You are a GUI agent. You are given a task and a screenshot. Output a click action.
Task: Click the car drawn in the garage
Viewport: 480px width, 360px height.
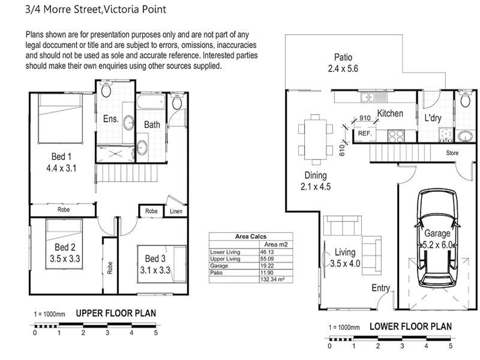[437, 238]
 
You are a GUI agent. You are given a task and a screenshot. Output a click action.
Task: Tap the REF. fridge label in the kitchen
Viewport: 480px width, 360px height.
[365, 133]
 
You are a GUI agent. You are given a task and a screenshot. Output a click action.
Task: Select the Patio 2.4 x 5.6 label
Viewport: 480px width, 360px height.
[343, 63]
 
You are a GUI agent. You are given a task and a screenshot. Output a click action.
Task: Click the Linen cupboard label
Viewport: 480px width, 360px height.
[176, 211]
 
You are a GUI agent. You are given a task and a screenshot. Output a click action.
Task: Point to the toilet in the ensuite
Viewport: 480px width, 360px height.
[106, 89]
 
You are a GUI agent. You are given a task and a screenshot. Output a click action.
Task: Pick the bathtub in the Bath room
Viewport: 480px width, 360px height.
[151, 101]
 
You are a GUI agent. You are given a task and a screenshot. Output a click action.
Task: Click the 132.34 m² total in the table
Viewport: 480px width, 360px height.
[272, 280]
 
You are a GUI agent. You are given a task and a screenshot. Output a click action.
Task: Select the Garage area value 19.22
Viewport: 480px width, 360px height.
[266, 266]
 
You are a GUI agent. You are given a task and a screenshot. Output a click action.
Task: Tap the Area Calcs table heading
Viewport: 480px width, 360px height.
[251, 236]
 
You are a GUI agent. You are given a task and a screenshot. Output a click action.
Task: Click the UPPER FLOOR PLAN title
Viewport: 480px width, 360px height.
[116, 313]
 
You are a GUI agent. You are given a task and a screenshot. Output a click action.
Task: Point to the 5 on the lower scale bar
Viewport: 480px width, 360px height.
[451, 346]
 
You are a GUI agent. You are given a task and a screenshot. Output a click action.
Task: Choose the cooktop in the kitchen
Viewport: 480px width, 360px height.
[396, 136]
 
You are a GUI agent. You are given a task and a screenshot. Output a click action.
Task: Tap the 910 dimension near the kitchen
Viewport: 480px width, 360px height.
[365, 118]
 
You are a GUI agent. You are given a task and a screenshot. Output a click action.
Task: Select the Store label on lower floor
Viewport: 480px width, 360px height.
[452, 153]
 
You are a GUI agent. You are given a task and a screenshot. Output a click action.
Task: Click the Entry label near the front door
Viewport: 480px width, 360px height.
[380, 288]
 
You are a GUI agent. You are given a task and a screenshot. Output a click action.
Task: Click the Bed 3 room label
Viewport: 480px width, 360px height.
[155, 259]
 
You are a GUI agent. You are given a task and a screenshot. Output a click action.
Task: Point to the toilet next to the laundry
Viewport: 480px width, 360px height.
[466, 99]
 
